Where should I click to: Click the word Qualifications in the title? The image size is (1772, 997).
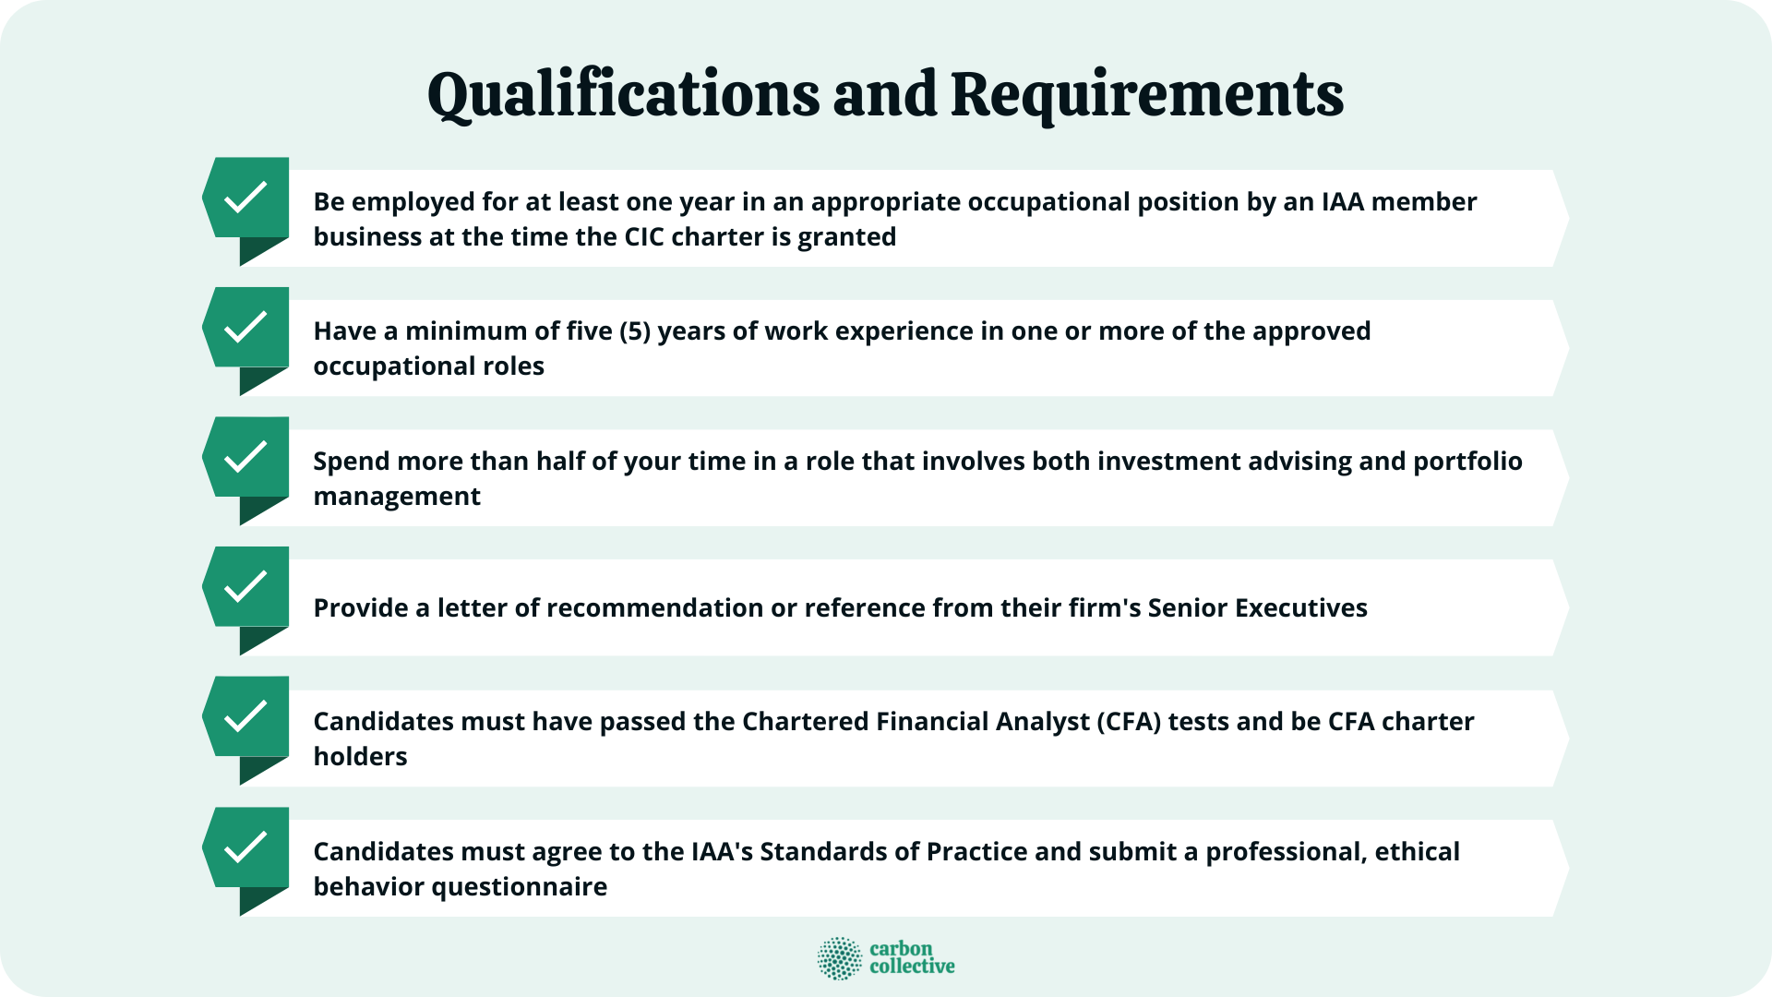click(623, 95)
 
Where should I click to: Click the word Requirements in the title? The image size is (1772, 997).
click(1146, 95)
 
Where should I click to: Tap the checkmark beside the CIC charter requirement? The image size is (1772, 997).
click(245, 198)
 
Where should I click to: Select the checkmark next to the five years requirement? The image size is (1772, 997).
click(245, 328)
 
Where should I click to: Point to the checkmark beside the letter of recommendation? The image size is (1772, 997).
click(245, 587)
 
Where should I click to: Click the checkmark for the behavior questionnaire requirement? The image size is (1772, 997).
click(245, 847)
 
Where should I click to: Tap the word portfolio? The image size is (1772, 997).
click(1467, 462)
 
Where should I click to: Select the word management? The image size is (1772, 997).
click(397, 497)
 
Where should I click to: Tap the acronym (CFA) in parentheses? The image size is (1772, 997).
click(1129, 722)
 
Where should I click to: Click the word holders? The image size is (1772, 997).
click(360, 757)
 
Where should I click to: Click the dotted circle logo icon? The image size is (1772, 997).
click(839, 958)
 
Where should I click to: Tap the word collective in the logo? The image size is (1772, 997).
click(912, 967)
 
